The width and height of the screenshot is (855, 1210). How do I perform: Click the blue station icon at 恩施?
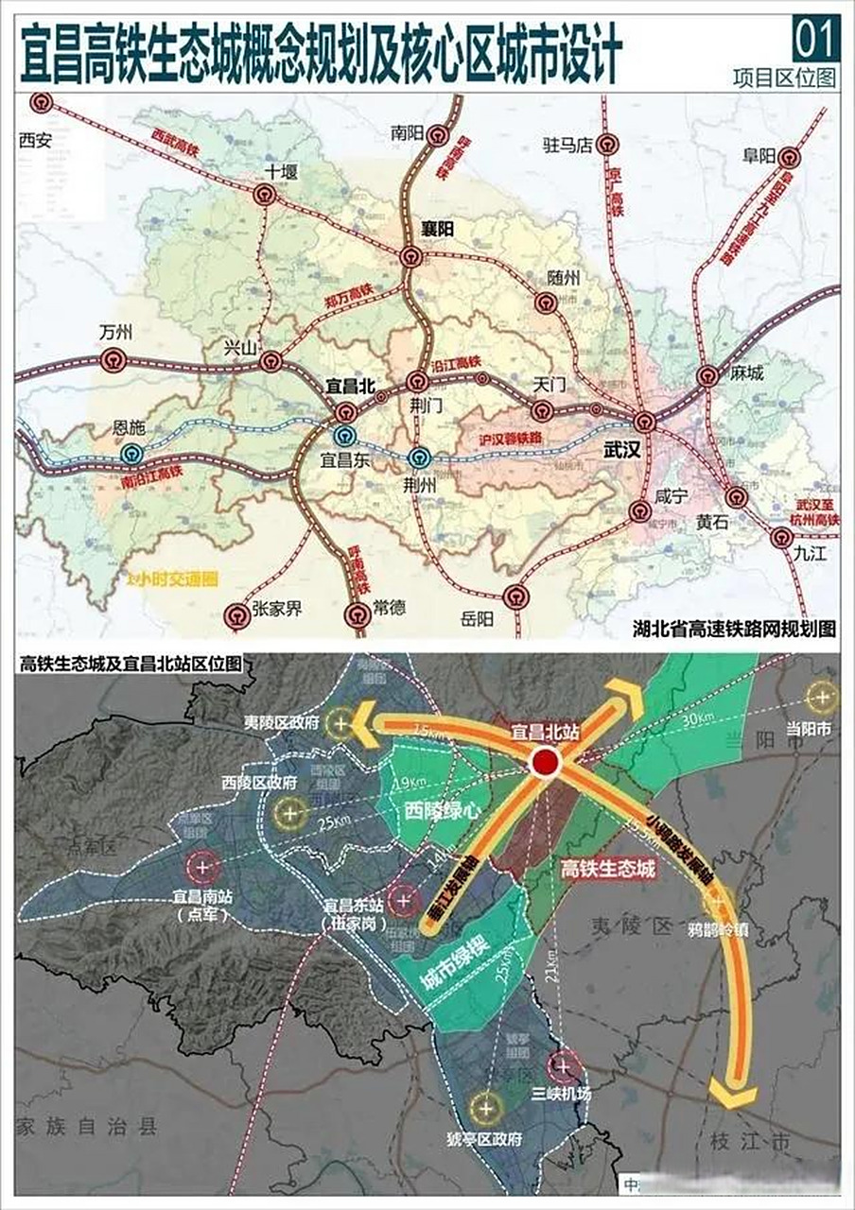(x=131, y=455)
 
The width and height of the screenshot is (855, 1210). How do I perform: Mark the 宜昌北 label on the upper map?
(x=350, y=385)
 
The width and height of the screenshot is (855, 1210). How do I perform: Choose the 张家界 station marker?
(x=235, y=616)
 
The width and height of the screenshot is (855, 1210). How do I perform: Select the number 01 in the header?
(x=815, y=40)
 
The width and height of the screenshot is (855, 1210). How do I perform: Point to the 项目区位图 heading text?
(x=784, y=78)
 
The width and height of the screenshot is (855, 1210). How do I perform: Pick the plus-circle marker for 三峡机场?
(x=565, y=1066)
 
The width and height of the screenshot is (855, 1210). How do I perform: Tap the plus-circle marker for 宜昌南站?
(x=203, y=865)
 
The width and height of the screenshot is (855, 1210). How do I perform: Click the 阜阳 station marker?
(x=787, y=158)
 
